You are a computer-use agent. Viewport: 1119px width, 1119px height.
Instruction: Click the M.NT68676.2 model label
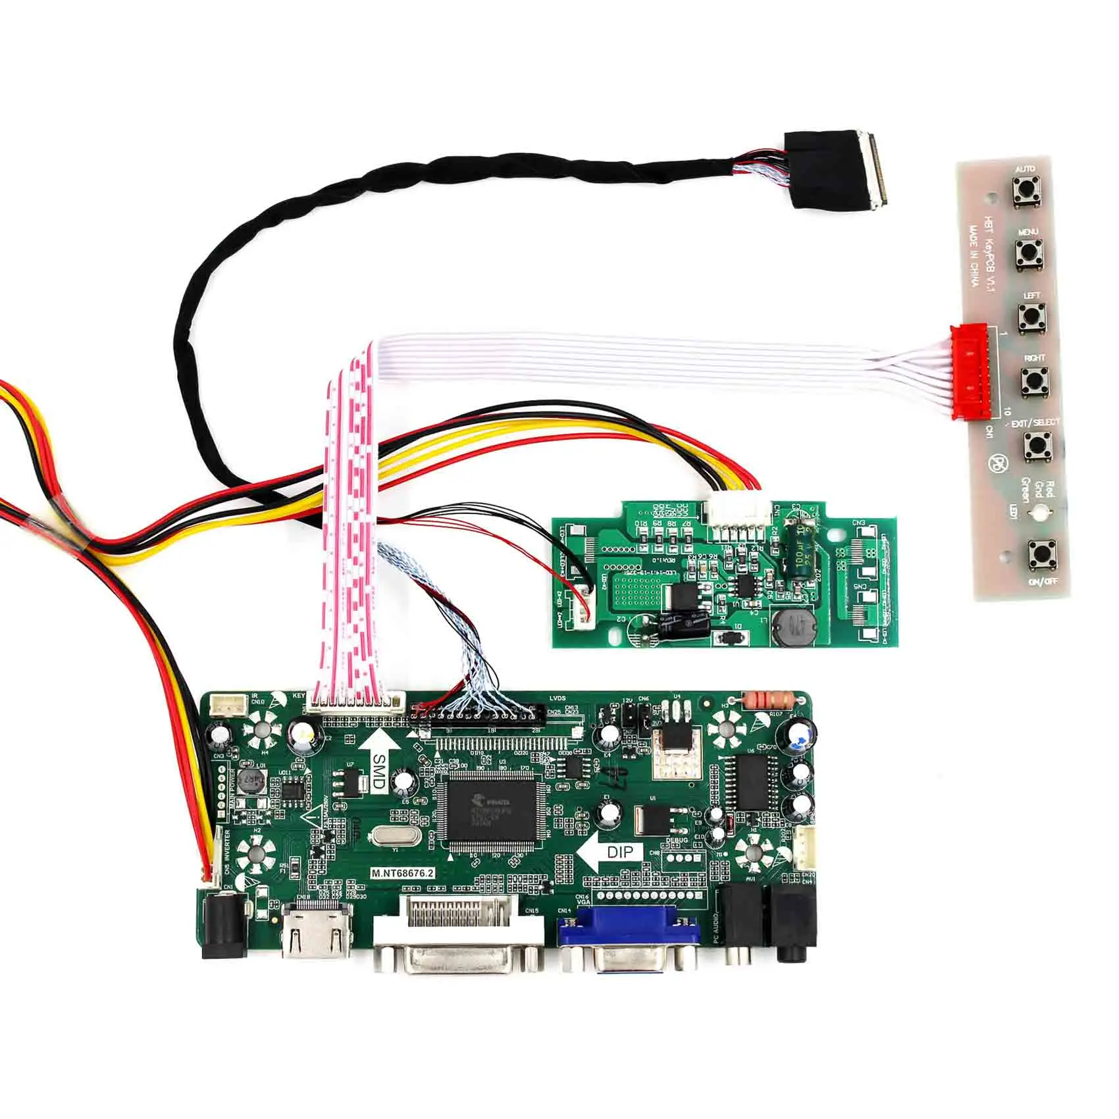coord(403,873)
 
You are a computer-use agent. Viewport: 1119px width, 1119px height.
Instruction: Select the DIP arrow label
coord(611,852)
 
